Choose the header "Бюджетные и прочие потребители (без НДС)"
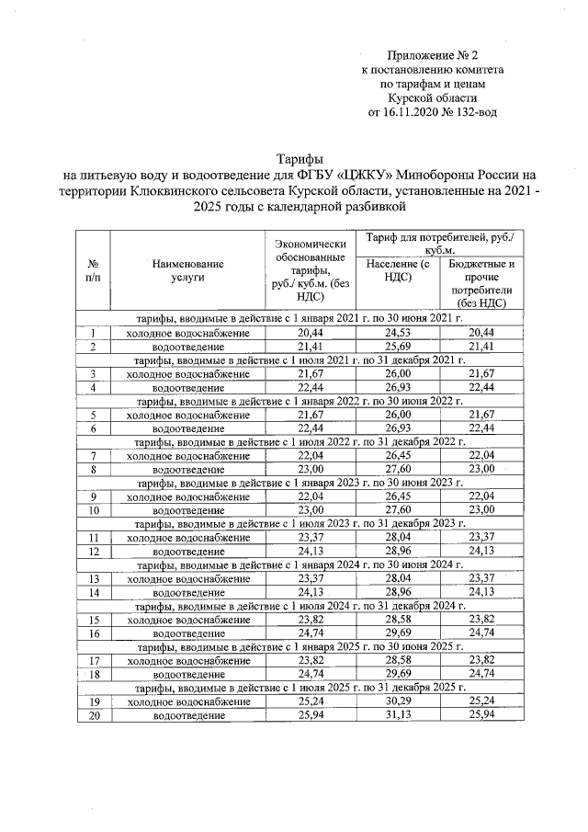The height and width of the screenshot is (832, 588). [x=481, y=283]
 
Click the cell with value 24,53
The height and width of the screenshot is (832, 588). [x=397, y=332]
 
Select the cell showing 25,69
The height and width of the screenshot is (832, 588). [x=397, y=347]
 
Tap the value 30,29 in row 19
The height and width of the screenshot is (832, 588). [x=397, y=701]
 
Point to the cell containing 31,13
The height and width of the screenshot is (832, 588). [x=397, y=715]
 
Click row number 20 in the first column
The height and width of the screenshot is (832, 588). [x=94, y=715]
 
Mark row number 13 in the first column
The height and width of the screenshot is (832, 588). [x=94, y=579]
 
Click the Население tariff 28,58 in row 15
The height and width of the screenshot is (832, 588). [x=397, y=621]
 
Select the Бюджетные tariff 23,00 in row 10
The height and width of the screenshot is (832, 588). [x=481, y=510]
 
